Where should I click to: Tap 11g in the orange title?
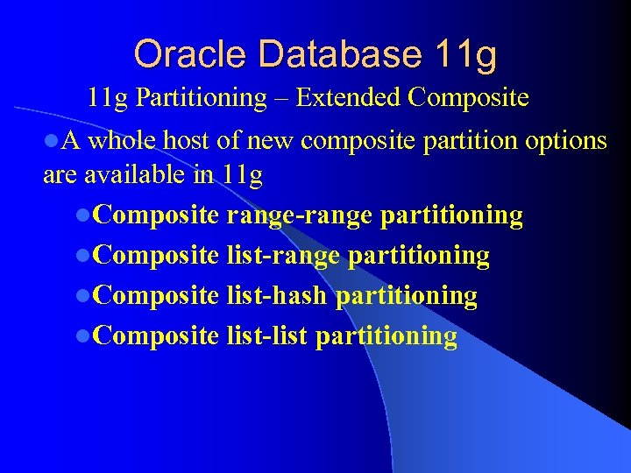(x=464, y=54)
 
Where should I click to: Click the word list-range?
(x=283, y=256)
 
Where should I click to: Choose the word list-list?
(x=266, y=336)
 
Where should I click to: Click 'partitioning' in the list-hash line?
(x=407, y=296)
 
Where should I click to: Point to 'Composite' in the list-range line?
(x=155, y=256)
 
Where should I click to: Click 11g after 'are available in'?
(x=243, y=175)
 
